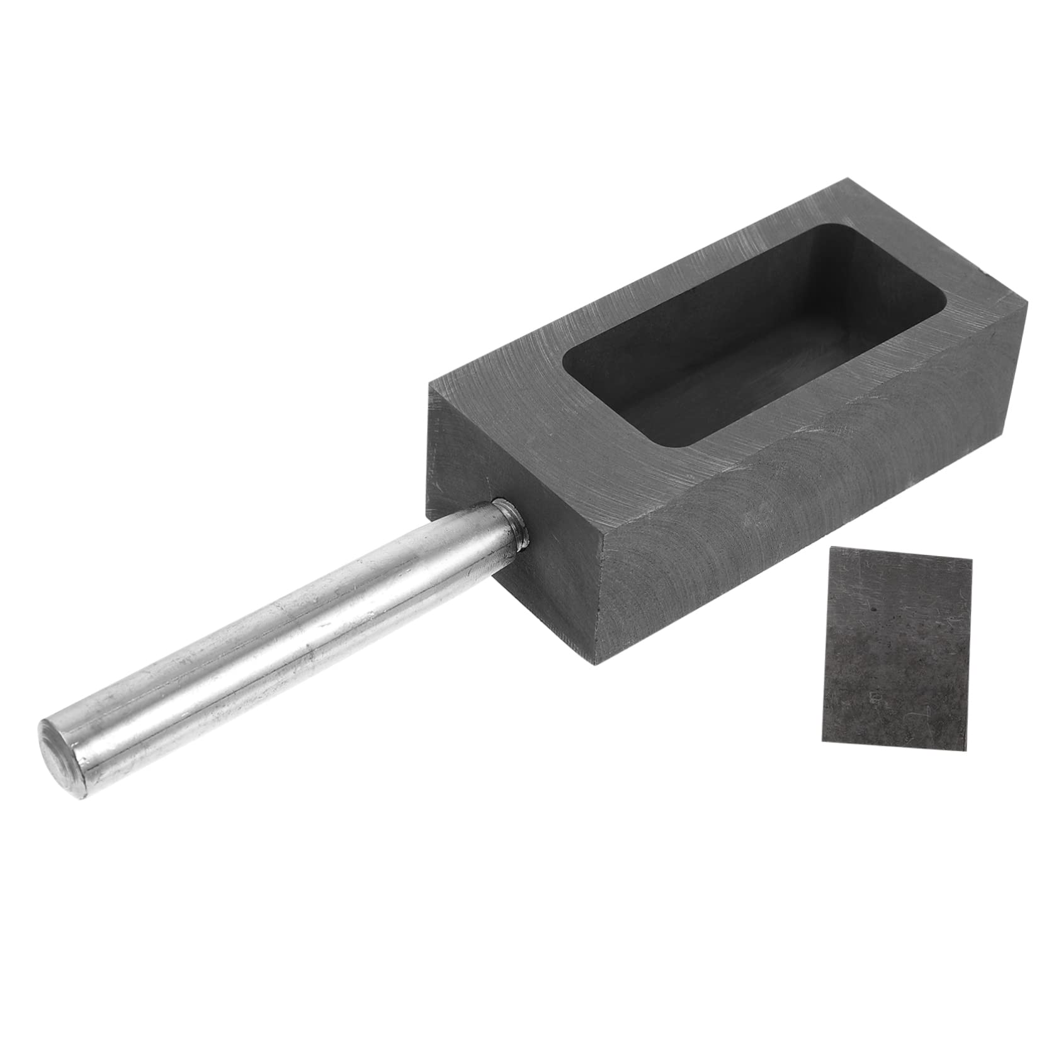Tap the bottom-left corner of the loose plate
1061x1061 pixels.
click(x=820, y=740)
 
